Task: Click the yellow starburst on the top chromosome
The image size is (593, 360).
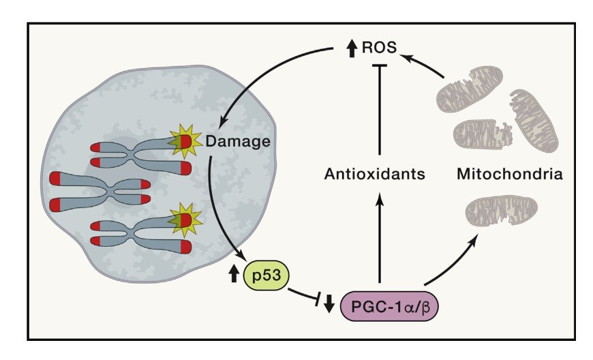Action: [x=185, y=141]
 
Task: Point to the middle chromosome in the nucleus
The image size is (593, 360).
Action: [x=99, y=190]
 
